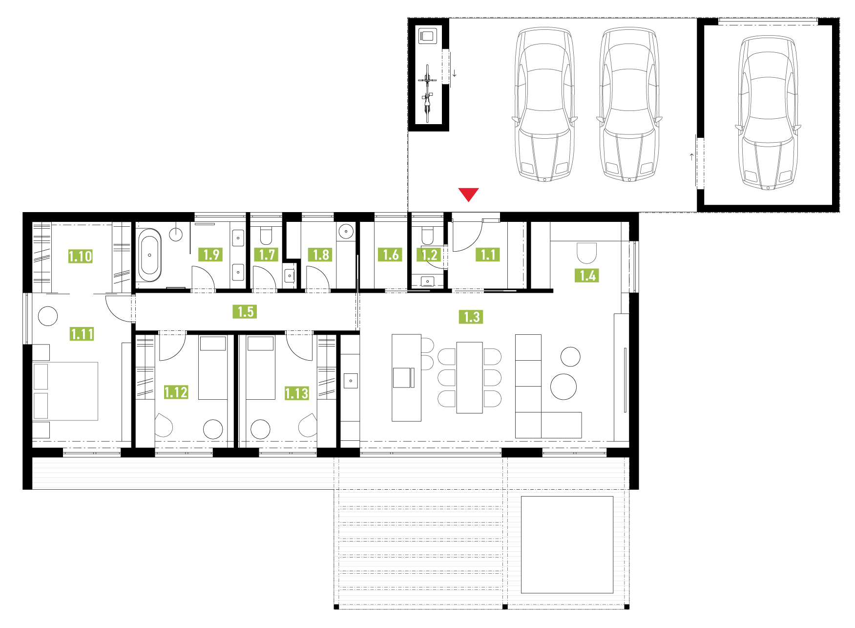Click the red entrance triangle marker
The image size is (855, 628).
(x=468, y=194)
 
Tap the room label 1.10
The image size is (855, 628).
(x=80, y=256)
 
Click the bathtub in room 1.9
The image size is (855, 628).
(x=149, y=255)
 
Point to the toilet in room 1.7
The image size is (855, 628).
(x=266, y=235)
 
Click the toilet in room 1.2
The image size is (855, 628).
(x=427, y=235)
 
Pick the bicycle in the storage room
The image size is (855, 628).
(x=427, y=93)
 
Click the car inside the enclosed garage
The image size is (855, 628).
(x=768, y=112)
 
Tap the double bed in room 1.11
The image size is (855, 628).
(x=65, y=391)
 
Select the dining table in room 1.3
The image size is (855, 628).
(x=469, y=377)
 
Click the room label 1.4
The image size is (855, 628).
(x=587, y=275)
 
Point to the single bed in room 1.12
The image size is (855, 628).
(x=213, y=367)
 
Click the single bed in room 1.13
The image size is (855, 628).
(x=261, y=367)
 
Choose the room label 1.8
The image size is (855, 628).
(x=320, y=255)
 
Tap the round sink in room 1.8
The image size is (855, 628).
(x=346, y=230)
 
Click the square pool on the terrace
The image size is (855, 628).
(x=567, y=544)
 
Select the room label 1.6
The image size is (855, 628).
(x=390, y=255)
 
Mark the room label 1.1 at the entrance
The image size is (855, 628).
(x=488, y=255)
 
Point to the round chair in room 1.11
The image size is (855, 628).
(x=48, y=316)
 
